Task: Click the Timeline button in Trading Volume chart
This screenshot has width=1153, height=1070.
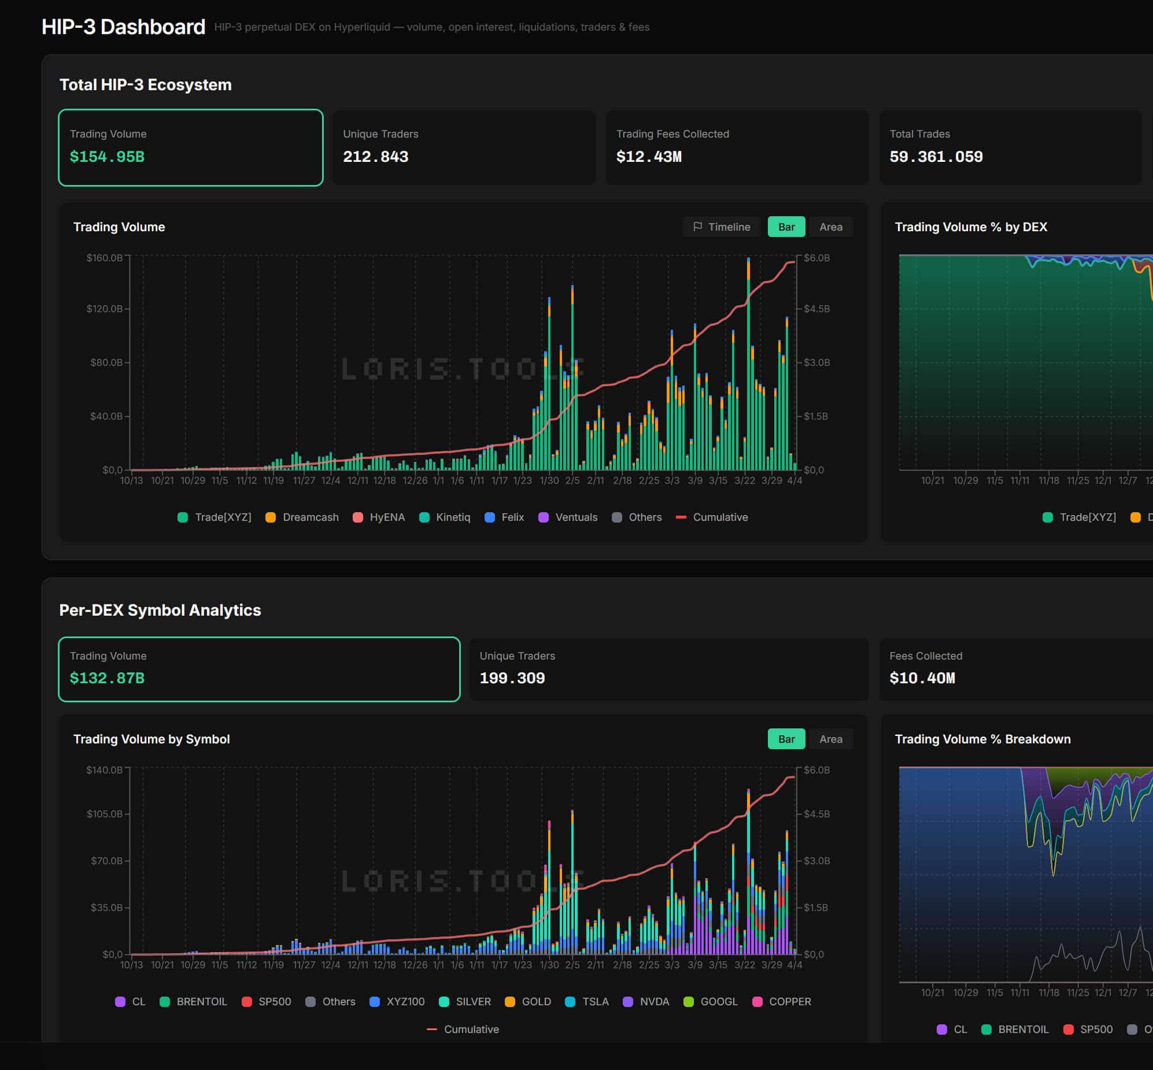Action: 722,227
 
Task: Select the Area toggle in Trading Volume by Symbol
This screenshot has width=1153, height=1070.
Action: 830,739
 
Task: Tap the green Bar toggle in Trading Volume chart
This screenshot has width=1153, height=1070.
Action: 786,227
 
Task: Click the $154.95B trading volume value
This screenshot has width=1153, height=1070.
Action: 107,156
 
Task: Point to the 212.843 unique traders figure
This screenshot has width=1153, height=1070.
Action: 375,156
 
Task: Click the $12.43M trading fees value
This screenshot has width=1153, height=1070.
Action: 649,156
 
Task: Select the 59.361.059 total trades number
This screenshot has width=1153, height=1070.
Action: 936,156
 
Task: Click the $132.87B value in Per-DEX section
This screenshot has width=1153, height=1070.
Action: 107,678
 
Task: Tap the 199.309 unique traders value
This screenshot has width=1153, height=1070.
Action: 512,678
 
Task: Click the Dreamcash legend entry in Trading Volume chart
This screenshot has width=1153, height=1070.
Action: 302,517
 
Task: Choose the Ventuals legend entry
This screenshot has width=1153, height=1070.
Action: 568,517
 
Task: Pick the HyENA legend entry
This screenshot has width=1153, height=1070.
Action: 379,517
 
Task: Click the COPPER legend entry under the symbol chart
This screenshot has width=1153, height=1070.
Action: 781,1002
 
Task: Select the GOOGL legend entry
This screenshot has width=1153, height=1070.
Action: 711,1002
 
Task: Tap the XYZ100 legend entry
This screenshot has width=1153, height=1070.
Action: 397,1002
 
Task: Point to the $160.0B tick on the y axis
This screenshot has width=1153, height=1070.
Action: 104,258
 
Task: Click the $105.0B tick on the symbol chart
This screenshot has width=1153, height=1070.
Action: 104,814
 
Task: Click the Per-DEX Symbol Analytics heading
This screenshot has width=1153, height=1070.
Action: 160,610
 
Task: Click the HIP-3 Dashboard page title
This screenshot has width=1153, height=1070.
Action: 123,27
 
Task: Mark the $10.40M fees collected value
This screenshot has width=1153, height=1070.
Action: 922,678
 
